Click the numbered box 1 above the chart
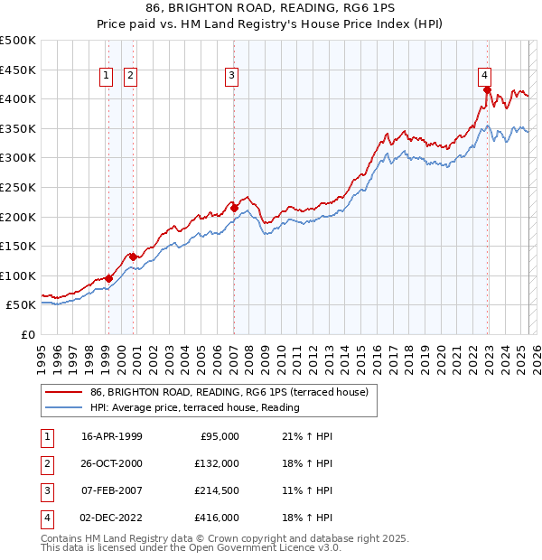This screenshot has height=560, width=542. [x=107, y=76]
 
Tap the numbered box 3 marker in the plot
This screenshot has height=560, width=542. [x=232, y=76]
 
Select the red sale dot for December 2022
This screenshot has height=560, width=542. [x=487, y=89]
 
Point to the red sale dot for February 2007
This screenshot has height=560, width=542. [x=234, y=208]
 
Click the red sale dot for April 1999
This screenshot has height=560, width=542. [x=108, y=278]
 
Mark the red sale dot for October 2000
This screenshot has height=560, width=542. [x=133, y=257]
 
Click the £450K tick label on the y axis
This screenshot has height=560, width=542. [x=18, y=70]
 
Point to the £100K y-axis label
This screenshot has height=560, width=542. [x=18, y=275]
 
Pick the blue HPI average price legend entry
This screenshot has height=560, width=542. [x=194, y=408]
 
